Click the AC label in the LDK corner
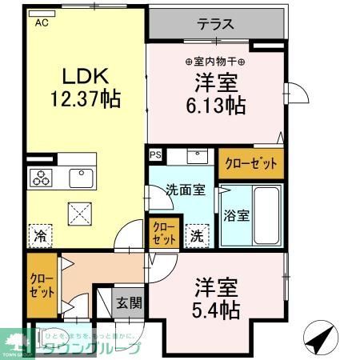pyautogui.click(x=40, y=23)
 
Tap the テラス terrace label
pyautogui.click(x=216, y=24)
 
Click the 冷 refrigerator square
pyautogui.click(x=40, y=235)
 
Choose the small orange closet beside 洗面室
pyautogui.click(x=164, y=233)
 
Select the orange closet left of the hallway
pyautogui.click(x=41, y=286)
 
